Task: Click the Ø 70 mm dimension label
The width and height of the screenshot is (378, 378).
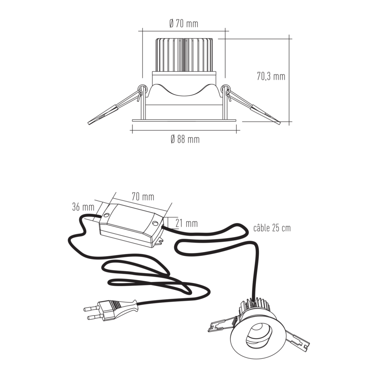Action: tap(184, 24)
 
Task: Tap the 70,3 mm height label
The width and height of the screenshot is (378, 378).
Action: tap(271, 76)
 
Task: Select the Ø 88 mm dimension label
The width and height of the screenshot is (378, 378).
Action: tap(185, 139)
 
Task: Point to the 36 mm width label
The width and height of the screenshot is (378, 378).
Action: tap(83, 207)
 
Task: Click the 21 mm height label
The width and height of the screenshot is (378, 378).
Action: tap(186, 223)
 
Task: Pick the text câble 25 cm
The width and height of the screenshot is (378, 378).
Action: tap(272, 228)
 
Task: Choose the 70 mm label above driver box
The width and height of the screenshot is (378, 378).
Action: tap(143, 197)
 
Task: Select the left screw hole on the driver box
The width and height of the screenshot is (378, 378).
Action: tap(106, 214)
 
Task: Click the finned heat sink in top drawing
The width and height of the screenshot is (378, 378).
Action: tap(183, 55)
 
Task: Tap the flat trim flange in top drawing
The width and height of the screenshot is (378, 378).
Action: tap(184, 120)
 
